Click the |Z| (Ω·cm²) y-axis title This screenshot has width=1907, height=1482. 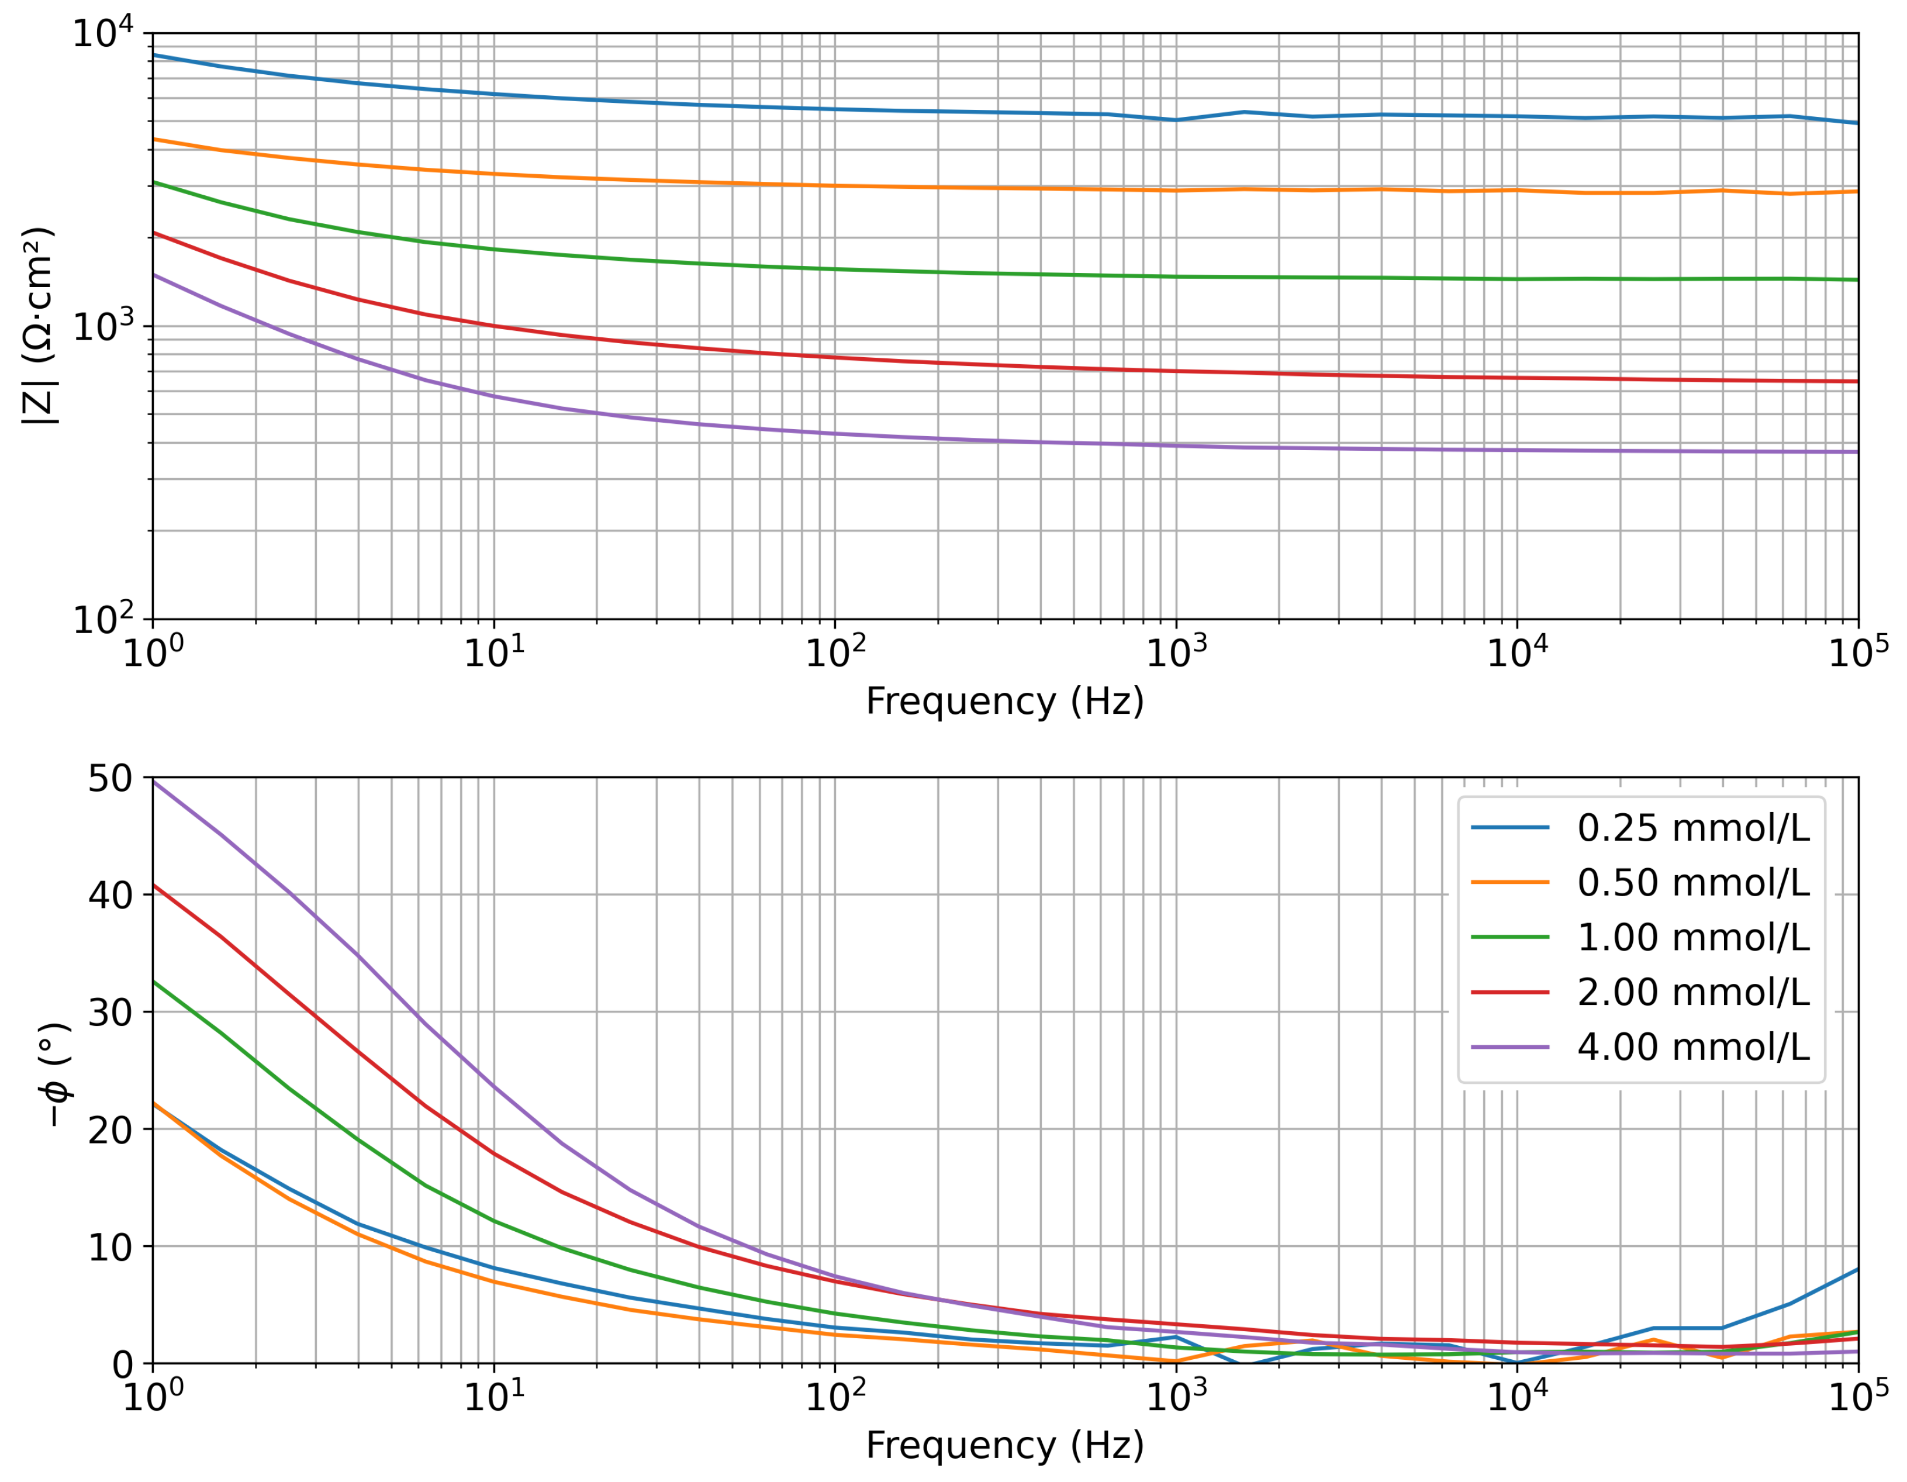[39, 326]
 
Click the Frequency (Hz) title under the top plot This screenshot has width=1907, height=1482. [1004, 702]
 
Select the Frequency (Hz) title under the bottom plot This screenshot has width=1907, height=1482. [1004, 1445]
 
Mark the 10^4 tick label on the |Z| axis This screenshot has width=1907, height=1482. [103, 33]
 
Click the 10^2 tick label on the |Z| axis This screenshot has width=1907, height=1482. [103, 619]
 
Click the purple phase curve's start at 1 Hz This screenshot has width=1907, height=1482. [154, 780]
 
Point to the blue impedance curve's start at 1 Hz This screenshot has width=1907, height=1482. [154, 55]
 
